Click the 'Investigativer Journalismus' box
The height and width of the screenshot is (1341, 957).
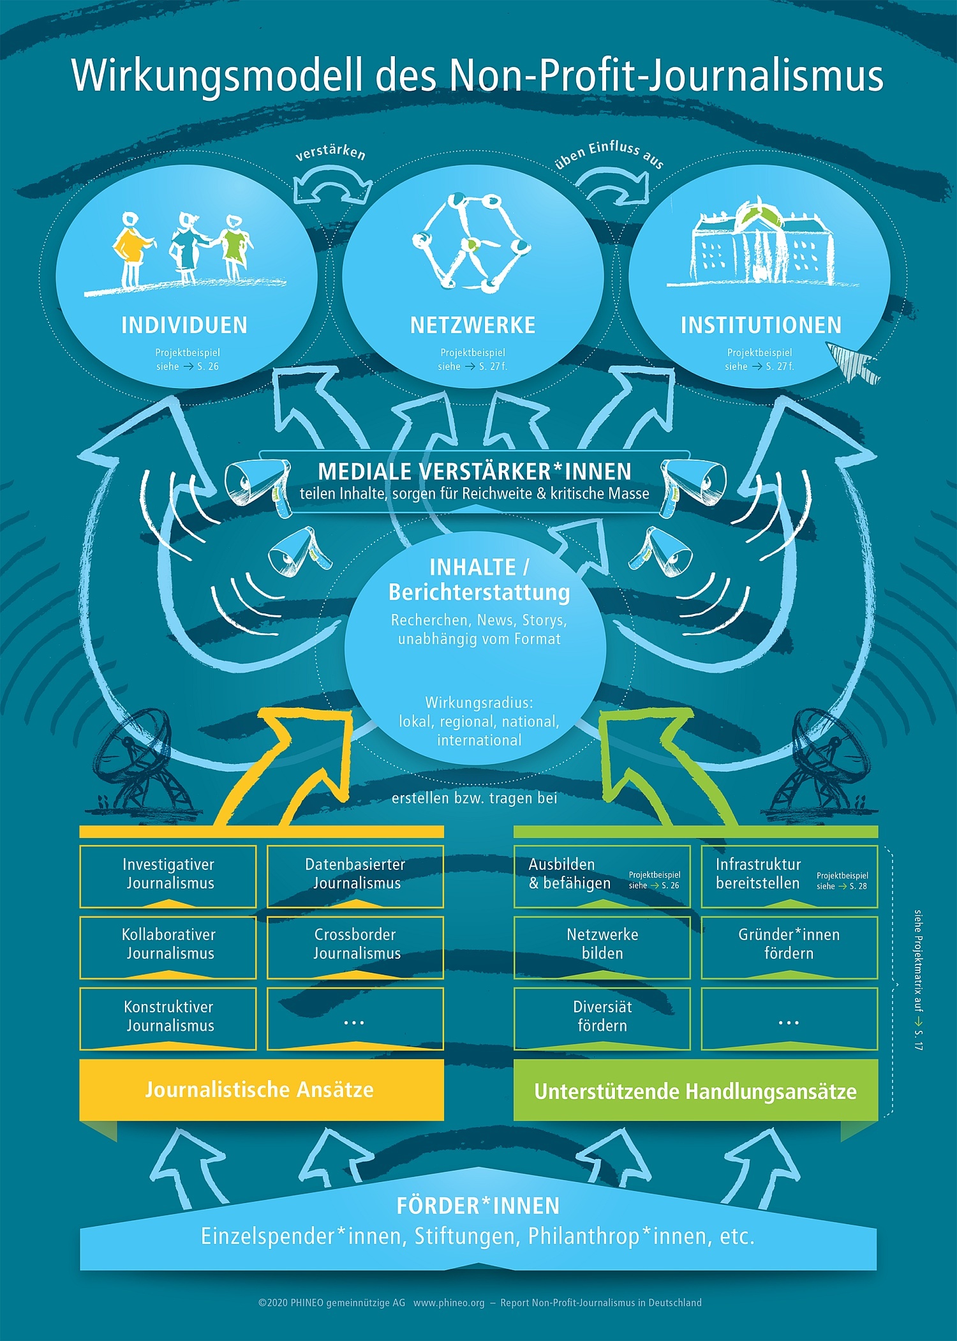click(168, 875)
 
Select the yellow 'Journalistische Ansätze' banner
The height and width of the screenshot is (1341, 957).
click(261, 1090)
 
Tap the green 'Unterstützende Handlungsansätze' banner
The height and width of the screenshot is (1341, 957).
click(695, 1091)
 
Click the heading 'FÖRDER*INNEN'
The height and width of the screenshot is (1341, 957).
click(478, 1206)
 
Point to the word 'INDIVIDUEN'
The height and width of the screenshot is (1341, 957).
click(184, 326)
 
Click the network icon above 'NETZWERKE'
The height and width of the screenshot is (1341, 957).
click(471, 243)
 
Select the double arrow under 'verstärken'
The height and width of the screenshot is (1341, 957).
click(332, 186)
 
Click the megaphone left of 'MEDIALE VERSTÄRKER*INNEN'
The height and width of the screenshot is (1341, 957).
click(250, 484)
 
